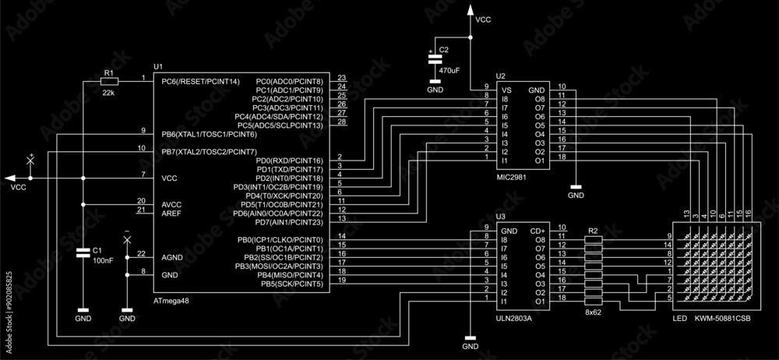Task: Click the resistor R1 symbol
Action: (x=109, y=81)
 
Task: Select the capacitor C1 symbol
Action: (x=83, y=254)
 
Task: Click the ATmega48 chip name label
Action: (x=171, y=300)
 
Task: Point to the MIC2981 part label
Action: (x=513, y=177)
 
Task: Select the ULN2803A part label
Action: (x=514, y=318)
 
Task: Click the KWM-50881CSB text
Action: (x=723, y=318)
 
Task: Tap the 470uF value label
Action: (x=449, y=70)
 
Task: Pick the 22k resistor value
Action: (x=109, y=93)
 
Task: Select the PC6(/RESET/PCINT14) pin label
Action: (x=200, y=81)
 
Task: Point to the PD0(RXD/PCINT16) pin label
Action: (x=289, y=161)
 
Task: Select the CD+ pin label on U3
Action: (x=538, y=231)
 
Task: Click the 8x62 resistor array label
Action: (x=594, y=312)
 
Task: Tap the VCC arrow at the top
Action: (x=471, y=11)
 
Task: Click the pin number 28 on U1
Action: (x=342, y=122)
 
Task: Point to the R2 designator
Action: (x=593, y=231)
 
